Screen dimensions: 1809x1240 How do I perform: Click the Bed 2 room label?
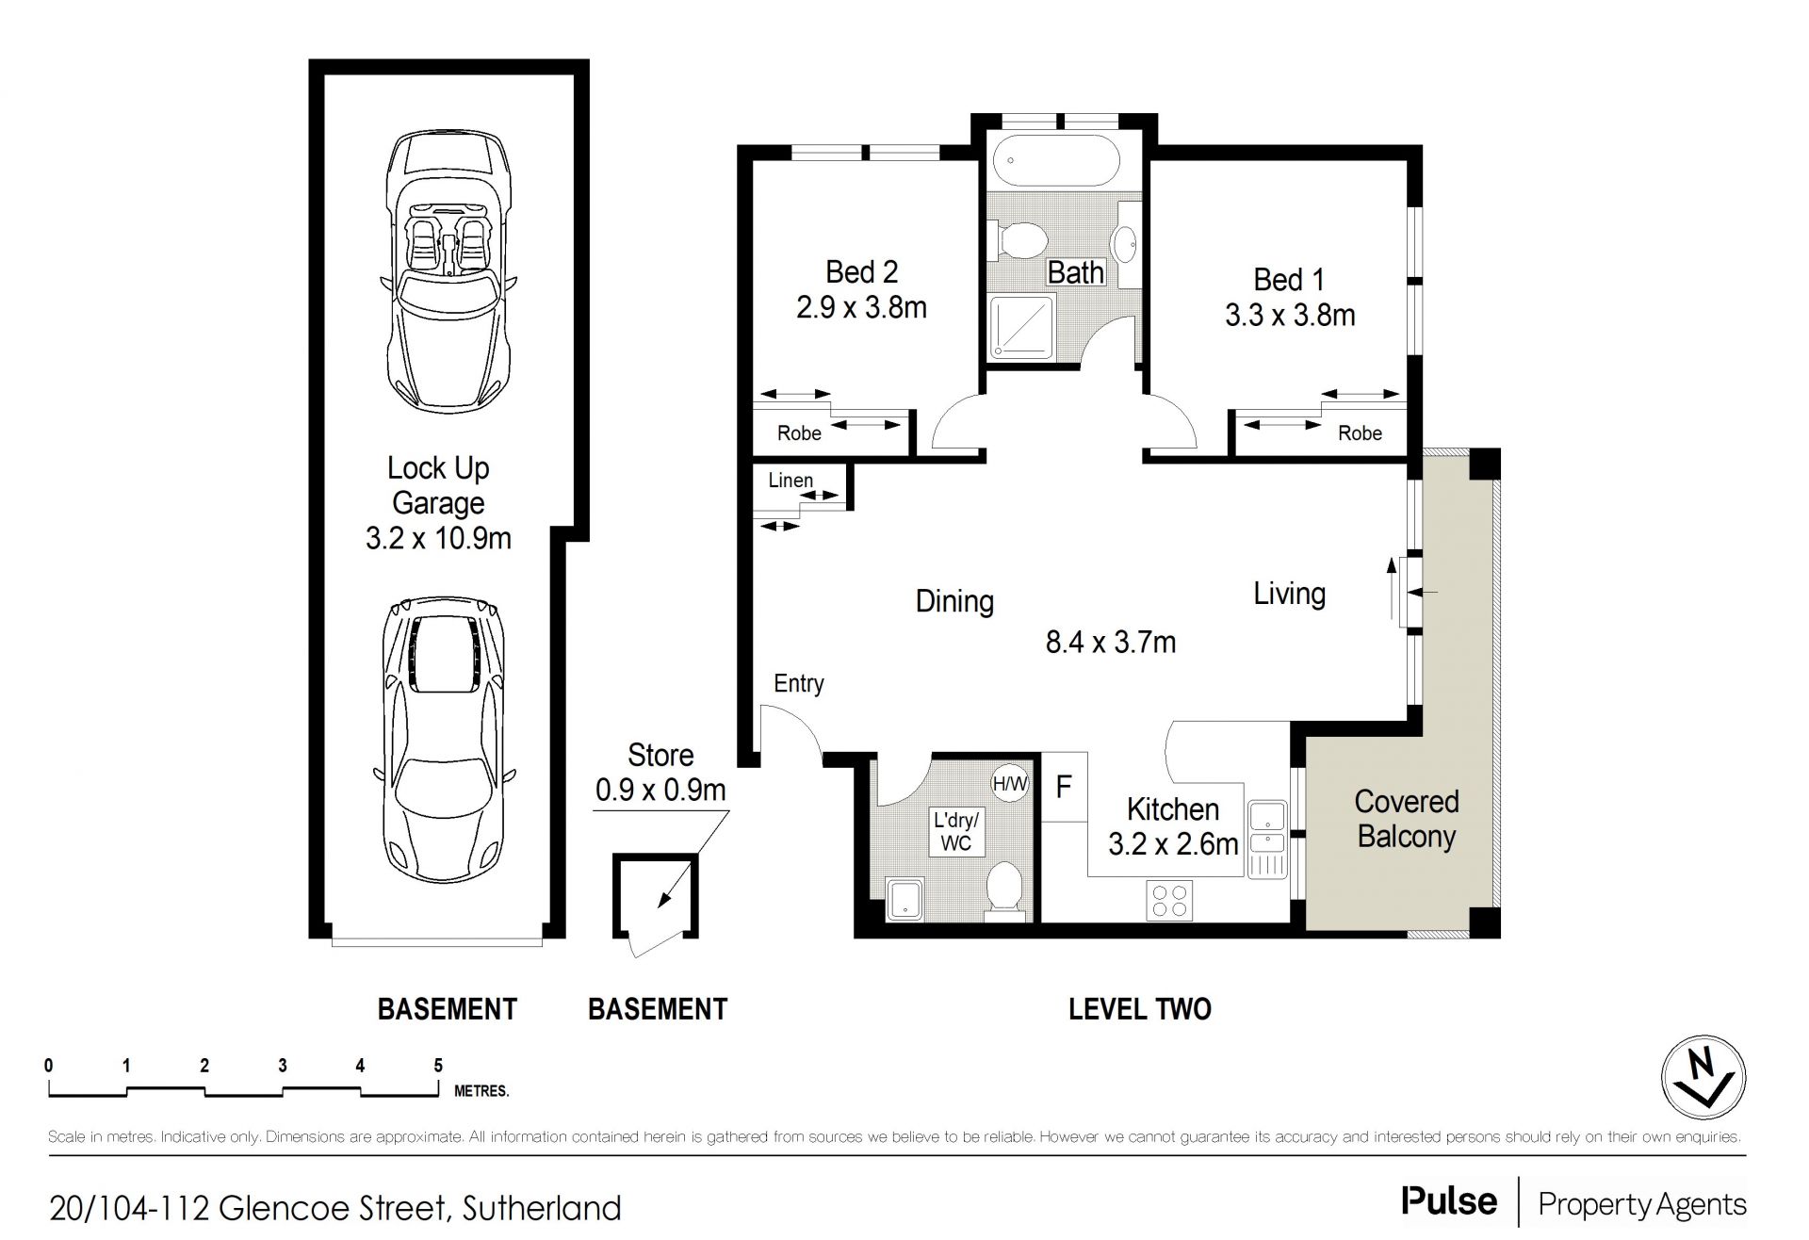pos(861,272)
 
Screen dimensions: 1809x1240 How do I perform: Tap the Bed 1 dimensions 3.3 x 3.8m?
pos(1290,315)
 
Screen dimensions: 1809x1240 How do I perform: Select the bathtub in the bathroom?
pos(1057,162)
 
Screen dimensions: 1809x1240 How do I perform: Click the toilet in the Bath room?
pos(1016,238)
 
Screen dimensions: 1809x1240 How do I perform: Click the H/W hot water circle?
pos(1010,782)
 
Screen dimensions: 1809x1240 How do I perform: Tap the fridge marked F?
pos(1065,786)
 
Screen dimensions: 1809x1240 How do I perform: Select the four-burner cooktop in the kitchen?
pos(1169,900)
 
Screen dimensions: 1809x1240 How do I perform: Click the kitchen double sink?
pos(1267,840)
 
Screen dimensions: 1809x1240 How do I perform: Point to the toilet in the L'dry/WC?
pos(1005,890)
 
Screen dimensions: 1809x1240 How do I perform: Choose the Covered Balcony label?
pos(1406,818)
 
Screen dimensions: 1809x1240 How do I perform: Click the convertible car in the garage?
pos(448,270)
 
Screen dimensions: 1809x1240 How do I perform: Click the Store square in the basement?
pos(656,895)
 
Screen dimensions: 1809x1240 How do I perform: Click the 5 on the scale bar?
pos(438,1066)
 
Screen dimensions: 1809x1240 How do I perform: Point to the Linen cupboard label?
pos(790,480)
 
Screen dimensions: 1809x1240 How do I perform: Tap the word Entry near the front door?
pos(799,683)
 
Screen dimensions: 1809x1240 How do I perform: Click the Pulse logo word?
pos(1449,1200)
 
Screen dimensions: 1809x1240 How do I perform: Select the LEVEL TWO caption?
pos(1139,1009)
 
